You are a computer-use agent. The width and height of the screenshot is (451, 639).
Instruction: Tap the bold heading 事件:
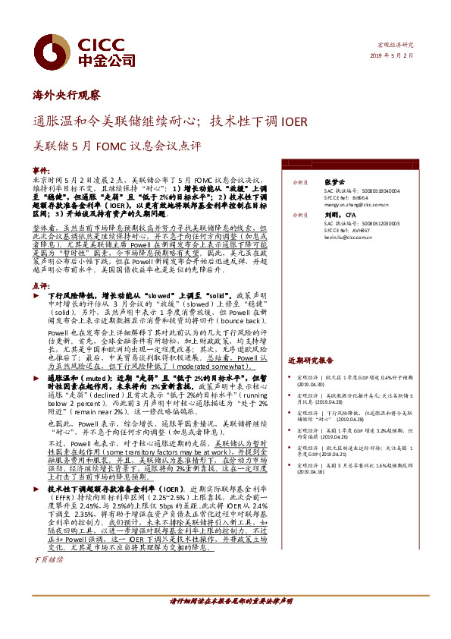click(x=42, y=170)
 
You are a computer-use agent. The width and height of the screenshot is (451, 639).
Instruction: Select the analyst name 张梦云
click(x=334, y=182)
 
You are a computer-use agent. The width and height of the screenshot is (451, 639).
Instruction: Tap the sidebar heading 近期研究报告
click(x=311, y=360)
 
